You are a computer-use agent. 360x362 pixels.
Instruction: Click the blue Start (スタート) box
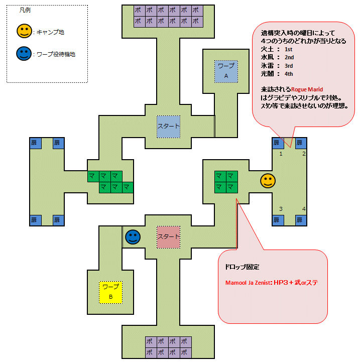(168, 127)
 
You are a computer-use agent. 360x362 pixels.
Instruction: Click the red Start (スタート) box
(168, 236)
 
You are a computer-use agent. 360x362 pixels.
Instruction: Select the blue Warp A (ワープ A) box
(226, 71)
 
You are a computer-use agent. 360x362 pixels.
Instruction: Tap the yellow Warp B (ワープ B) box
(110, 292)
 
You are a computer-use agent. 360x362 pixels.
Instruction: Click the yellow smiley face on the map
(268, 181)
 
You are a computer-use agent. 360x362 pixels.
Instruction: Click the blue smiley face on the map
(133, 237)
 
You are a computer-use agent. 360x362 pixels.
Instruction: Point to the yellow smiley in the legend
(24, 32)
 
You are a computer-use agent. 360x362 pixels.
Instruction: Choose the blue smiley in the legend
(24, 53)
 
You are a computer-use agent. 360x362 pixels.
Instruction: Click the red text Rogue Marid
(307, 89)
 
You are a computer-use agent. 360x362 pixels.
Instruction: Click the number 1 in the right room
(281, 154)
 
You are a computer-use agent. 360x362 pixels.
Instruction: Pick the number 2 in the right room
(303, 154)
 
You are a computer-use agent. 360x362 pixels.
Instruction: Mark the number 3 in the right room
(281, 209)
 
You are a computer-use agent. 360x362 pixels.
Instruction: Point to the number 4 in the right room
(303, 209)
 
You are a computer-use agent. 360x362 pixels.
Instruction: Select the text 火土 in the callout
(267, 50)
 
